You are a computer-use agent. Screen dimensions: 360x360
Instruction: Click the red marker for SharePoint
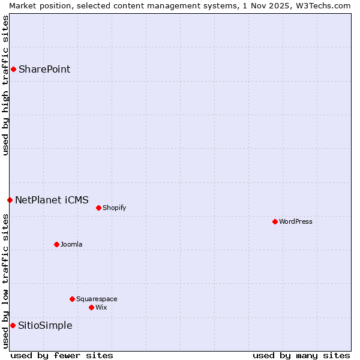(13, 69)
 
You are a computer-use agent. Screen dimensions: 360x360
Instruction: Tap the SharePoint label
(44, 69)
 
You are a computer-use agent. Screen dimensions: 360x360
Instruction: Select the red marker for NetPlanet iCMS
(10, 200)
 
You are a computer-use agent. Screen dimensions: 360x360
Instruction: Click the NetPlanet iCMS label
(52, 200)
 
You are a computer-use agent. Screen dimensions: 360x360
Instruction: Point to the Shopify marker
(98, 208)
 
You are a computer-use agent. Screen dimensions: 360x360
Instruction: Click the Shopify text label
(114, 208)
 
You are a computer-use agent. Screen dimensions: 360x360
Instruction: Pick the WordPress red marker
(275, 221)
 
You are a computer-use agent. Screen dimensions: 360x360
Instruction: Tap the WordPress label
(295, 221)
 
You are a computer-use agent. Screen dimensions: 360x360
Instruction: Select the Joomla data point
(56, 244)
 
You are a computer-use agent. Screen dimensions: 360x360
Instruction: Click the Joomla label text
(71, 244)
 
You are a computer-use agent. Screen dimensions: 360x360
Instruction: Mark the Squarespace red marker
(72, 299)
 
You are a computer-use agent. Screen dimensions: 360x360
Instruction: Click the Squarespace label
(97, 299)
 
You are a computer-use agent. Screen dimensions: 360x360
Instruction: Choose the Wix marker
(91, 307)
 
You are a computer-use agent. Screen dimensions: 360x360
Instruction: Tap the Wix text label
(101, 307)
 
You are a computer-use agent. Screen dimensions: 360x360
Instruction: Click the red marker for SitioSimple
(13, 325)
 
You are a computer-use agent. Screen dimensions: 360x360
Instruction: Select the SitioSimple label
(45, 325)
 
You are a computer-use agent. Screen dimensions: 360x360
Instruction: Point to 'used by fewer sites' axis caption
(62, 355)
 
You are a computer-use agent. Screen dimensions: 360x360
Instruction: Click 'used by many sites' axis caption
(301, 355)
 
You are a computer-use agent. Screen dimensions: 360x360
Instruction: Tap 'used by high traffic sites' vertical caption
(5, 85)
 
